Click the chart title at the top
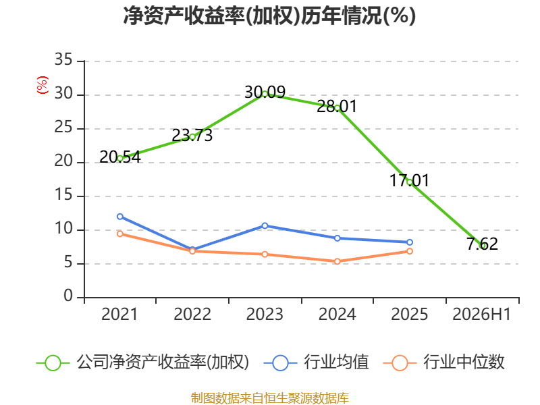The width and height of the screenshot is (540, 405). click(269, 16)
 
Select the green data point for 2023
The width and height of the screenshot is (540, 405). click(265, 94)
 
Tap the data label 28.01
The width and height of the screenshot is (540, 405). click(337, 106)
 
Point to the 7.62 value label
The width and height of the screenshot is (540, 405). click(482, 244)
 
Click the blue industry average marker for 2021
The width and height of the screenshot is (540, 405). click(120, 217)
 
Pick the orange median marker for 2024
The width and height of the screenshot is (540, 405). click(337, 261)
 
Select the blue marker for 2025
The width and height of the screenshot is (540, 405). click(410, 242)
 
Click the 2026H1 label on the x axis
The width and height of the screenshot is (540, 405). click(481, 315)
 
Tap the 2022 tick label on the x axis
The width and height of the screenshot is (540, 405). click(192, 315)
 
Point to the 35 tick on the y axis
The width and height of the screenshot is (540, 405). click(63, 59)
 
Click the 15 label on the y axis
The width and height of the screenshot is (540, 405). click(63, 195)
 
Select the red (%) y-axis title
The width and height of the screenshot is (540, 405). click(43, 85)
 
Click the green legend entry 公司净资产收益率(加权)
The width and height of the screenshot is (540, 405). click(142, 362)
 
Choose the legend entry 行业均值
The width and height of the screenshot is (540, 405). click(316, 362)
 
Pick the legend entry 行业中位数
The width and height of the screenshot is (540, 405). click(444, 362)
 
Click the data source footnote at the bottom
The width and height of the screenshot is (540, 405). click(270, 398)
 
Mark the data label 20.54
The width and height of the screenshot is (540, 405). click(120, 157)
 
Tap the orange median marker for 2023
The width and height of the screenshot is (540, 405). click(265, 254)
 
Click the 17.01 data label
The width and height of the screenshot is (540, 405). click(410, 181)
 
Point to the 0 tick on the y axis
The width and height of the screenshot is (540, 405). click(68, 296)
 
